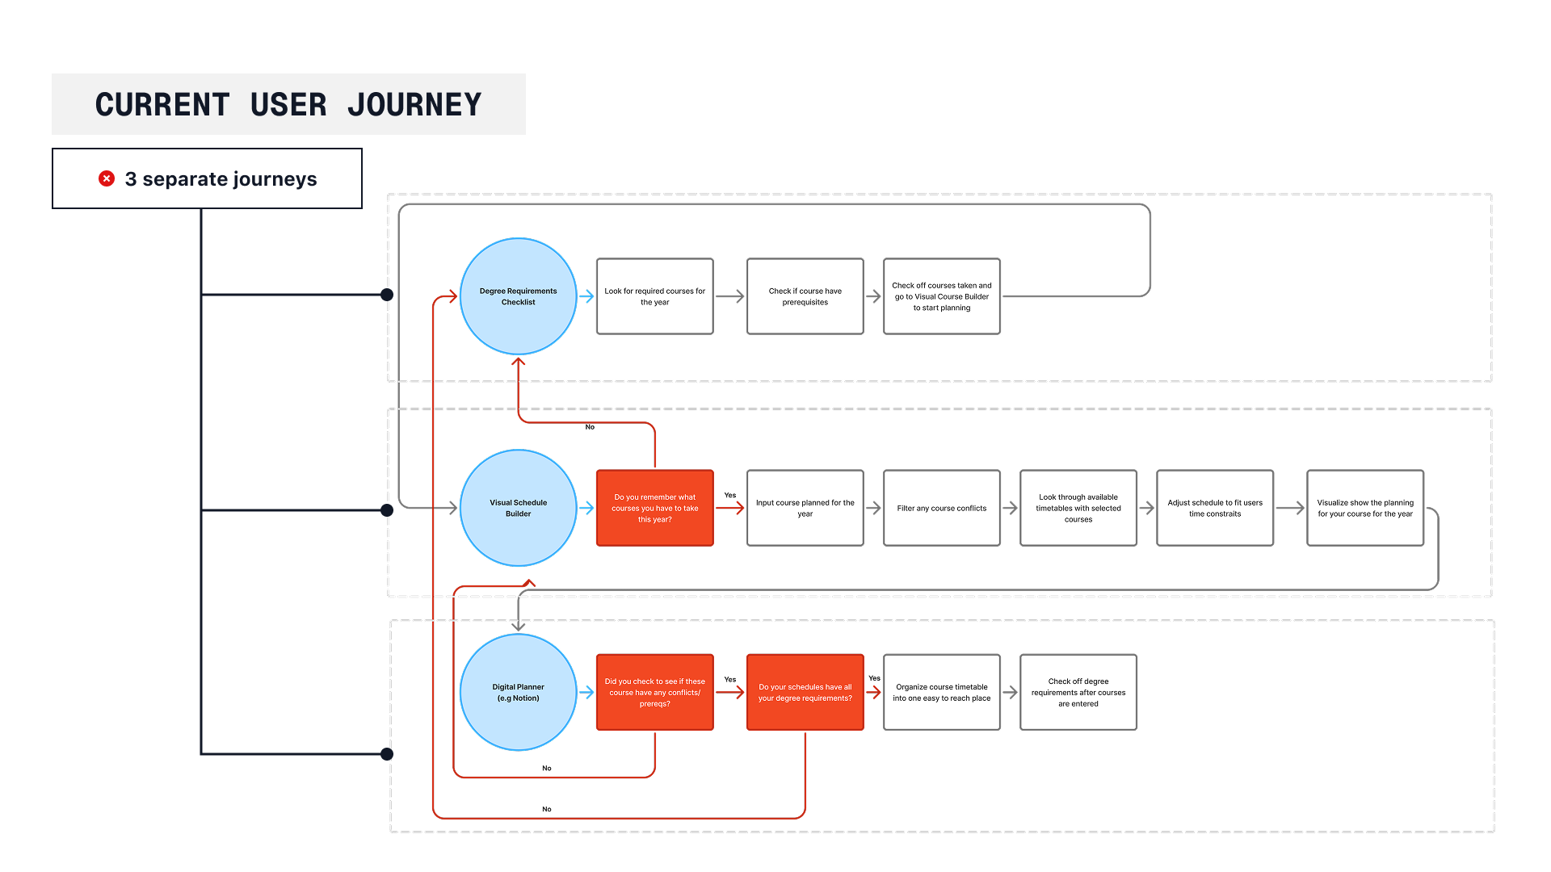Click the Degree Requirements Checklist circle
pos(519,296)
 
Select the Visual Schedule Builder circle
pos(519,508)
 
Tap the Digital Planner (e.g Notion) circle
pos(519,692)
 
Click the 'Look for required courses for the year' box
pos(655,296)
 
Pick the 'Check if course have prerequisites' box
pos(805,296)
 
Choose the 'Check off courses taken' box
pos(942,296)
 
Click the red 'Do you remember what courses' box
pos(655,508)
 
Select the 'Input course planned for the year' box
pos(805,508)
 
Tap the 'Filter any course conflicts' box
pos(942,508)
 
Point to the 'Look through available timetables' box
pos(1078,508)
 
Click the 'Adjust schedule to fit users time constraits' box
pos(1215,508)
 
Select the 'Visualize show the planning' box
pos(1365,508)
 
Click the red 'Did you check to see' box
pos(655,692)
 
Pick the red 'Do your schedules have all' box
pos(805,692)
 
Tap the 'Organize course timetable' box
pos(942,692)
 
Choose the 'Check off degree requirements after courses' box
pos(1078,692)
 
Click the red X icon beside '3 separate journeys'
pos(107,178)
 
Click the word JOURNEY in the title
pos(414,105)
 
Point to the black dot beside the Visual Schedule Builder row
pos(387,510)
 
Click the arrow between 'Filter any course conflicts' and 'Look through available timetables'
pos(1010,508)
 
